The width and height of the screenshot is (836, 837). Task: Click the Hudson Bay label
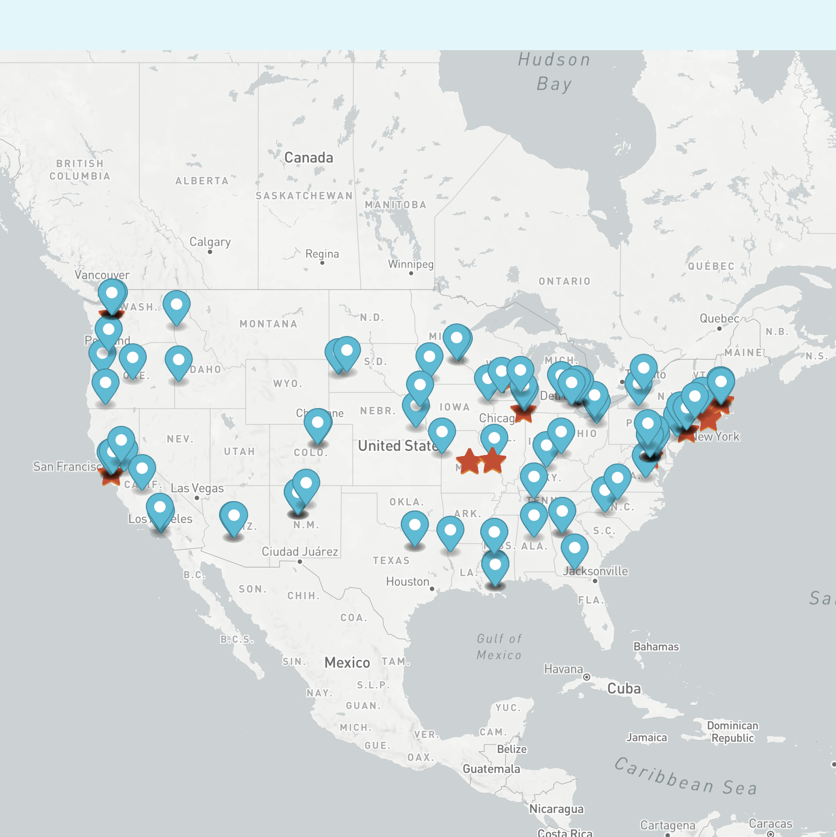click(x=554, y=72)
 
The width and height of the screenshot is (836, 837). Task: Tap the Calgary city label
click(x=210, y=242)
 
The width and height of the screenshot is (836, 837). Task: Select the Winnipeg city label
click(x=411, y=264)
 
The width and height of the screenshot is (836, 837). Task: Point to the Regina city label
click(x=322, y=254)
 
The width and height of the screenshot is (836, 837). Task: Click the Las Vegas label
click(x=198, y=489)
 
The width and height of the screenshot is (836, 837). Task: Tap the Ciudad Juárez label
click(x=300, y=552)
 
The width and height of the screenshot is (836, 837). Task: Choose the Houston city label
click(x=408, y=582)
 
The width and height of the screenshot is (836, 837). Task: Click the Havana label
click(x=563, y=669)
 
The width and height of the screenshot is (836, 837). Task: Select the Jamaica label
click(x=647, y=738)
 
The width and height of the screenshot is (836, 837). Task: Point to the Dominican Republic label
click(x=733, y=732)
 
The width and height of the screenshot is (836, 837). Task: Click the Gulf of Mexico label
click(x=499, y=647)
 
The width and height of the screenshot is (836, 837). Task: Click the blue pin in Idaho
click(x=179, y=361)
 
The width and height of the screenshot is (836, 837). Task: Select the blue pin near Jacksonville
click(x=575, y=549)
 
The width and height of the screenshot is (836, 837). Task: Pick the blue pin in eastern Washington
click(x=177, y=306)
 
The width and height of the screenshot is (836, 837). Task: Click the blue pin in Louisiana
click(x=495, y=566)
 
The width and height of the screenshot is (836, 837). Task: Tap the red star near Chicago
click(x=523, y=413)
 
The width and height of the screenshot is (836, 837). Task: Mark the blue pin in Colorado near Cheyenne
click(x=318, y=424)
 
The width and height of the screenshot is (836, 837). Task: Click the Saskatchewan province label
click(x=304, y=196)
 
